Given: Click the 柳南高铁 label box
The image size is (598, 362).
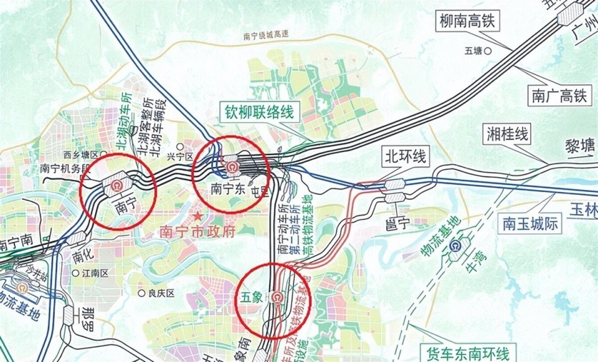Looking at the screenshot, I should click(x=469, y=22).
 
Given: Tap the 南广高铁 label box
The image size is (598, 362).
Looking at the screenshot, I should click(x=559, y=95).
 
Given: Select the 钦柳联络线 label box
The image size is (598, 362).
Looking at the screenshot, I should click(x=259, y=113).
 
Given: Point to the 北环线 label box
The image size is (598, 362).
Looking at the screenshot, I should click(x=406, y=156).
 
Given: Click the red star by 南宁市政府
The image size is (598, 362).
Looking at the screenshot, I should click(x=197, y=216).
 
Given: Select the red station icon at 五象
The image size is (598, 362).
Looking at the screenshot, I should click(x=275, y=297).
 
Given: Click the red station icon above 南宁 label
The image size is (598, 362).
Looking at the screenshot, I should click(x=116, y=185).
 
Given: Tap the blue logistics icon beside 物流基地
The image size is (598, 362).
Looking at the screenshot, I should click(x=459, y=246).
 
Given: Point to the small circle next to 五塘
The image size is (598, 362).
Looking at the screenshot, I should click(x=490, y=50).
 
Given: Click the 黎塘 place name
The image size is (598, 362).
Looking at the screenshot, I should click(x=579, y=146).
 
